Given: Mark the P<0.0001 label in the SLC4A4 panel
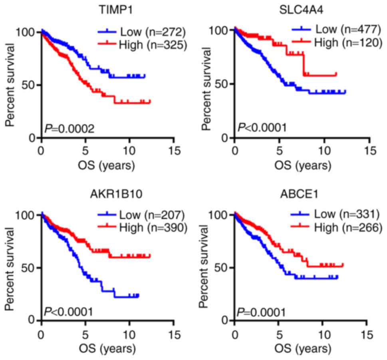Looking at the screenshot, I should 262,128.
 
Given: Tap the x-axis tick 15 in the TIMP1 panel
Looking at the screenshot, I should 173,151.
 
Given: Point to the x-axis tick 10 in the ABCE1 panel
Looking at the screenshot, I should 324,334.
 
